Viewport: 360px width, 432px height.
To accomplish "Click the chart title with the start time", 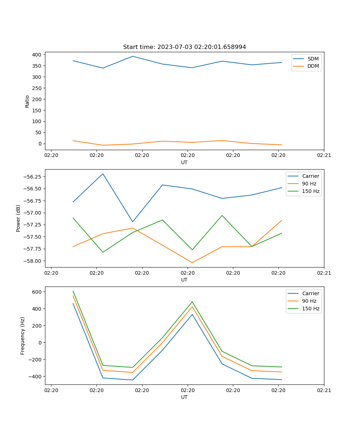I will pos(184,47).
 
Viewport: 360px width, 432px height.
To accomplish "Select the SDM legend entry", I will pos(313,59).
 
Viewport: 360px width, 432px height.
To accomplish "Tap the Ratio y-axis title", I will pos(27,101).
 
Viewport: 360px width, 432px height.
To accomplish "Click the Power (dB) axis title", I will pos(18,218).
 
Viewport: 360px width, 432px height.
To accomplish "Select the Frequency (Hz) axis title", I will pos(23,336).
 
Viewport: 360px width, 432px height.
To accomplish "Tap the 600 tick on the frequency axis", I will pos(37,292).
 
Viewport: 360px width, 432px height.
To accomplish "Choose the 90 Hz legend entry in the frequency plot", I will pos(309,301).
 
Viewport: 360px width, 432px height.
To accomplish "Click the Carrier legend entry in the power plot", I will pos(310,176).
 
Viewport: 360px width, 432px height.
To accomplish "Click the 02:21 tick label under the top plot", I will pos(324,155).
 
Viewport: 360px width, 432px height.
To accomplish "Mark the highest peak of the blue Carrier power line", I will pos(103,174).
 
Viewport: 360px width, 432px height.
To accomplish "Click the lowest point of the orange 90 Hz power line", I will pos(192,262).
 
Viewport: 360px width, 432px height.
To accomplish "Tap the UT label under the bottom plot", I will pos(184,397).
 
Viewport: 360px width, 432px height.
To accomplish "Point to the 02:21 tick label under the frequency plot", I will pos(324,390).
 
